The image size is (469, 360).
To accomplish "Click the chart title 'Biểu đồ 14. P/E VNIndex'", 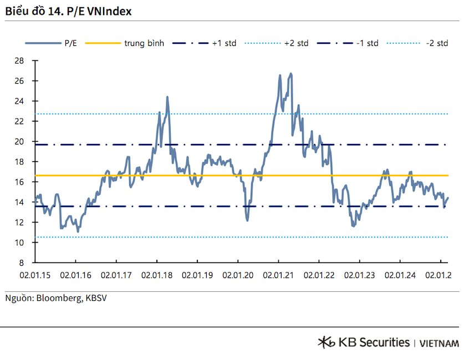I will [x=69, y=11].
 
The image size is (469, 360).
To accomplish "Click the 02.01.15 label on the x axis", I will [x=35, y=274].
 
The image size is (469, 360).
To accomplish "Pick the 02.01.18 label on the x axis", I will [x=156, y=274].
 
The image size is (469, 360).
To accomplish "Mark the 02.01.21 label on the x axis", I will [x=278, y=274].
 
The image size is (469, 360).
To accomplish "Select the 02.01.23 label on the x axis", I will [x=359, y=274].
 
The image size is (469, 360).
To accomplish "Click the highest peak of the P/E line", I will [x=291, y=74].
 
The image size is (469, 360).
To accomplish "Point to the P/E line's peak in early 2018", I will [x=167, y=97].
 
